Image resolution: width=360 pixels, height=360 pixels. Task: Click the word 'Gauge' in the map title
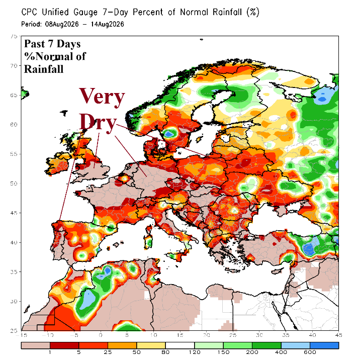coord(85,13)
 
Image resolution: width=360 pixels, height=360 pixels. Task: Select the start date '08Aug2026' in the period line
coord(62,24)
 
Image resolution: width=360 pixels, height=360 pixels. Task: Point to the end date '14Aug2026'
coord(107,24)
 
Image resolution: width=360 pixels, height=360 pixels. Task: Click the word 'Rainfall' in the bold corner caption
coord(44,69)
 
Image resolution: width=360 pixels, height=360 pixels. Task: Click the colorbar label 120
coord(194,352)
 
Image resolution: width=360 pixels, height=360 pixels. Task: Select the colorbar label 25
coord(108,352)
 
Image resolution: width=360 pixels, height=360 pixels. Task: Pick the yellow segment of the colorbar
coord(151,345)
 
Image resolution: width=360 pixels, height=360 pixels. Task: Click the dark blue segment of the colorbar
coord(324,345)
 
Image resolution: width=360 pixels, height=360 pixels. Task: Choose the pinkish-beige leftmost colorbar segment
coord(36,345)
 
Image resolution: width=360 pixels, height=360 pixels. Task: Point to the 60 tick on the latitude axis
coord(14,125)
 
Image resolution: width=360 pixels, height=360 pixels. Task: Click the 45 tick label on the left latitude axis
coord(14,213)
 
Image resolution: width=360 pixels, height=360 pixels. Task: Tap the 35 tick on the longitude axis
coord(286,335)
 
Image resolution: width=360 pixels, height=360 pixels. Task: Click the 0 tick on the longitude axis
coord(101,335)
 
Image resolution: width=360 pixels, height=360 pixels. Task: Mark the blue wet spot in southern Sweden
coord(169,133)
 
